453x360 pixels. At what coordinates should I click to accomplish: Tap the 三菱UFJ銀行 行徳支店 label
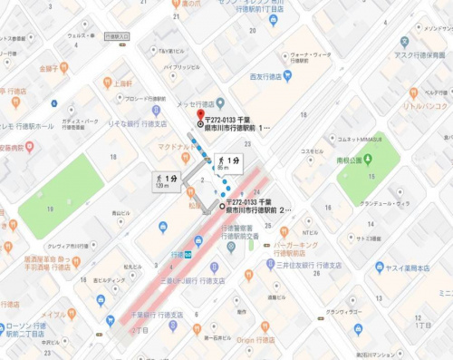pos(188,279)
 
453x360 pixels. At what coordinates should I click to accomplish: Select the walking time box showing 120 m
pos(166,180)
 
